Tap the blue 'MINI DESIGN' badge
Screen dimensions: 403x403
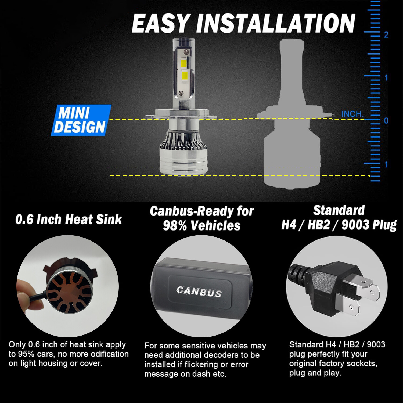pyautogui.click(x=81, y=120)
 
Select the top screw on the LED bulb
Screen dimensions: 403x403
pyautogui.click(x=184, y=51)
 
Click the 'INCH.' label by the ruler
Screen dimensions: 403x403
pyautogui.click(x=352, y=114)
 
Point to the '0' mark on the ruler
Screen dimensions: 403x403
pyautogui.click(x=386, y=121)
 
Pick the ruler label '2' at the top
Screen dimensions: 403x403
pyautogui.click(x=386, y=35)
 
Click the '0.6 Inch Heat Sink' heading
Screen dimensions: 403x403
pyautogui.click(x=69, y=220)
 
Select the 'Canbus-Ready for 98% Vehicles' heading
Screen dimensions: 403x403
pyautogui.click(x=201, y=218)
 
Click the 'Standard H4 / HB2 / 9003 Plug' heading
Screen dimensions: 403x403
pyautogui.click(x=339, y=218)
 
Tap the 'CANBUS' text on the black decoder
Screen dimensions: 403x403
pyautogui.click(x=199, y=292)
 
